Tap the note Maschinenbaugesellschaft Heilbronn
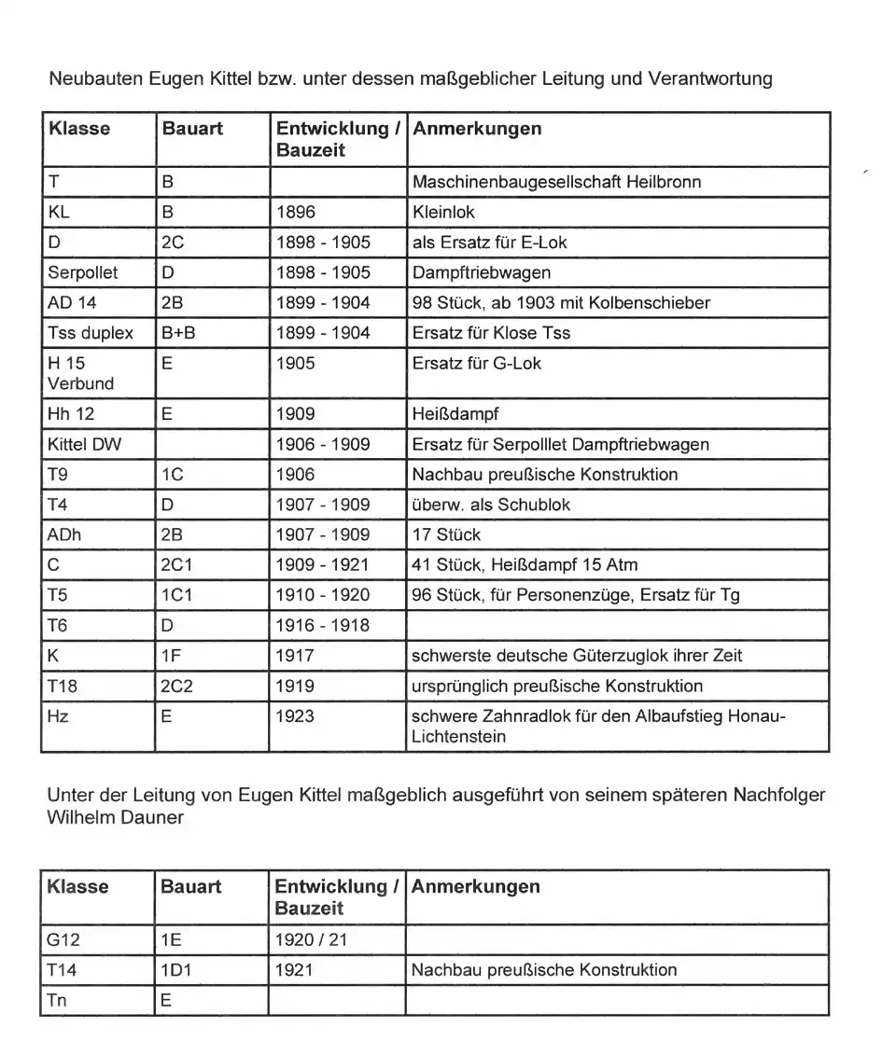click(556, 182)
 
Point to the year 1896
click(297, 212)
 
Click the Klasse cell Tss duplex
click(90, 333)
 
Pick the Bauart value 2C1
click(177, 564)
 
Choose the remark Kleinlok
click(443, 212)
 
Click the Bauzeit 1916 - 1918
click(323, 625)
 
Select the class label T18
click(63, 686)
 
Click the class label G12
click(63, 939)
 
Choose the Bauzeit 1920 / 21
click(310, 939)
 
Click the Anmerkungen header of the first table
click(476, 129)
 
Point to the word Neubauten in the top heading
click(95, 78)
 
